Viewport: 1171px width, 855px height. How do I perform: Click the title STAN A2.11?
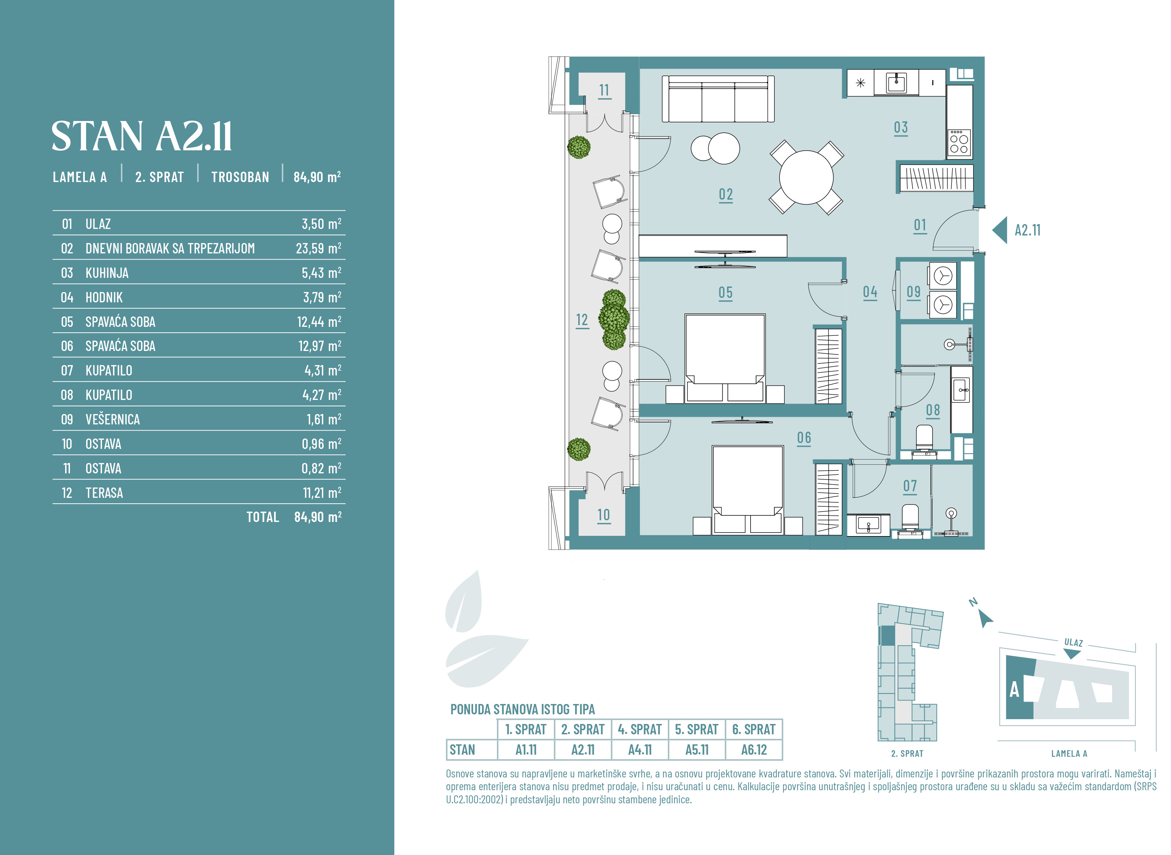point(141,136)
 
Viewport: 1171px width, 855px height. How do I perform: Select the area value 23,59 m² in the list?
point(318,249)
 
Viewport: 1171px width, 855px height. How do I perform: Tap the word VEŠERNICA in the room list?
point(112,419)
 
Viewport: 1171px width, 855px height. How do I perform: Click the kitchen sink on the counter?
point(896,82)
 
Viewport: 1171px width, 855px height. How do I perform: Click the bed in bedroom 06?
point(747,490)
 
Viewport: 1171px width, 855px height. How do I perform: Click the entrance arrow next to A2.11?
point(999,230)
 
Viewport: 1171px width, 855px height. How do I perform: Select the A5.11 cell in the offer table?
point(697,750)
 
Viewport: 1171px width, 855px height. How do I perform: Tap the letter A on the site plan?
point(1014,690)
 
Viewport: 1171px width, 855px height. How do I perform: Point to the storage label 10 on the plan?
point(604,515)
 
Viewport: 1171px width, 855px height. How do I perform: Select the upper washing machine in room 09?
point(943,276)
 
